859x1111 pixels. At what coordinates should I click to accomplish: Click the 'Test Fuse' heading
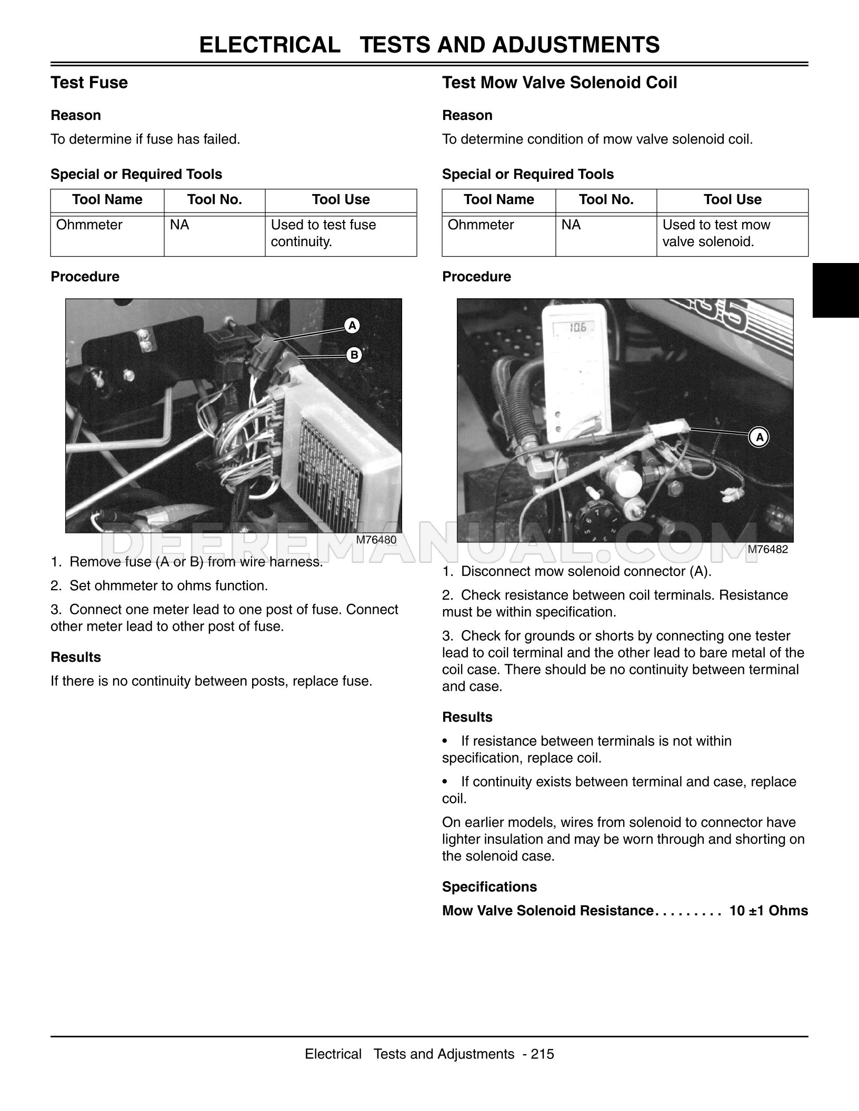pyautogui.click(x=89, y=83)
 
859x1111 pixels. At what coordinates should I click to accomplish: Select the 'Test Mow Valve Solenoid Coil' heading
pyautogui.click(x=560, y=83)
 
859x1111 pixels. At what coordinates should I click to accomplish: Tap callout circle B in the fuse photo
pyautogui.click(x=354, y=356)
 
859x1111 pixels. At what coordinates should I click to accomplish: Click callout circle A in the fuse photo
pyautogui.click(x=352, y=326)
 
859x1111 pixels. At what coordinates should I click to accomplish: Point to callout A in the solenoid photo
pyautogui.click(x=759, y=437)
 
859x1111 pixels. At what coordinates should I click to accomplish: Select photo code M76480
pyautogui.click(x=376, y=540)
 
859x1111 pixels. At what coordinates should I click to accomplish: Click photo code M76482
pyautogui.click(x=768, y=550)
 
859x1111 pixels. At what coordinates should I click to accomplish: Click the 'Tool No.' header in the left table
pyautogui.click(x=214, y=200)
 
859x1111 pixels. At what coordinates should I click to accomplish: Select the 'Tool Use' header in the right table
pyautogui.click(x=732, y=200)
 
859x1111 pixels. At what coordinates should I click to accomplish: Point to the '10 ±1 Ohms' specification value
pyautogui.click(x=768, y=911)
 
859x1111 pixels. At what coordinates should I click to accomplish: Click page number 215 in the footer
pyautogui.click(x=543, y=1054)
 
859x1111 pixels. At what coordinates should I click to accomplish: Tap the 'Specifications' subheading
pyautogui.click(x=490, y=886)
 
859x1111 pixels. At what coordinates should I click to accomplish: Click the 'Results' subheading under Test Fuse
pyautogui.click(x=76, y=657)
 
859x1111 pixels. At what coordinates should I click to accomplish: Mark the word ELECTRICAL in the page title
pyautogui.click(x=269, y=45)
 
